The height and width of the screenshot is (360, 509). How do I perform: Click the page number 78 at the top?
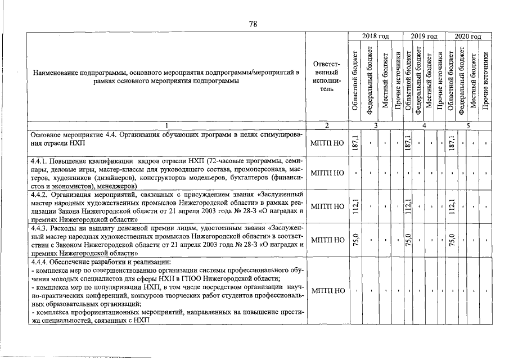(253, 24)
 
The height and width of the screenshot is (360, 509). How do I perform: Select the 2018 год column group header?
(376, 37)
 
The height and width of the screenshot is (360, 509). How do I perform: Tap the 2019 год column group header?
(424, 37)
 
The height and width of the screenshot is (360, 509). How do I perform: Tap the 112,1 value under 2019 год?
(408, 206)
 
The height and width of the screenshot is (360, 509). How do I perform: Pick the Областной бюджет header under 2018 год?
(355, 79)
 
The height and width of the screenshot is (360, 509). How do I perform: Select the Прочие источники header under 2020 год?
(486, 79)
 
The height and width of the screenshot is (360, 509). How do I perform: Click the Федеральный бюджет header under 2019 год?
(417, 79)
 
